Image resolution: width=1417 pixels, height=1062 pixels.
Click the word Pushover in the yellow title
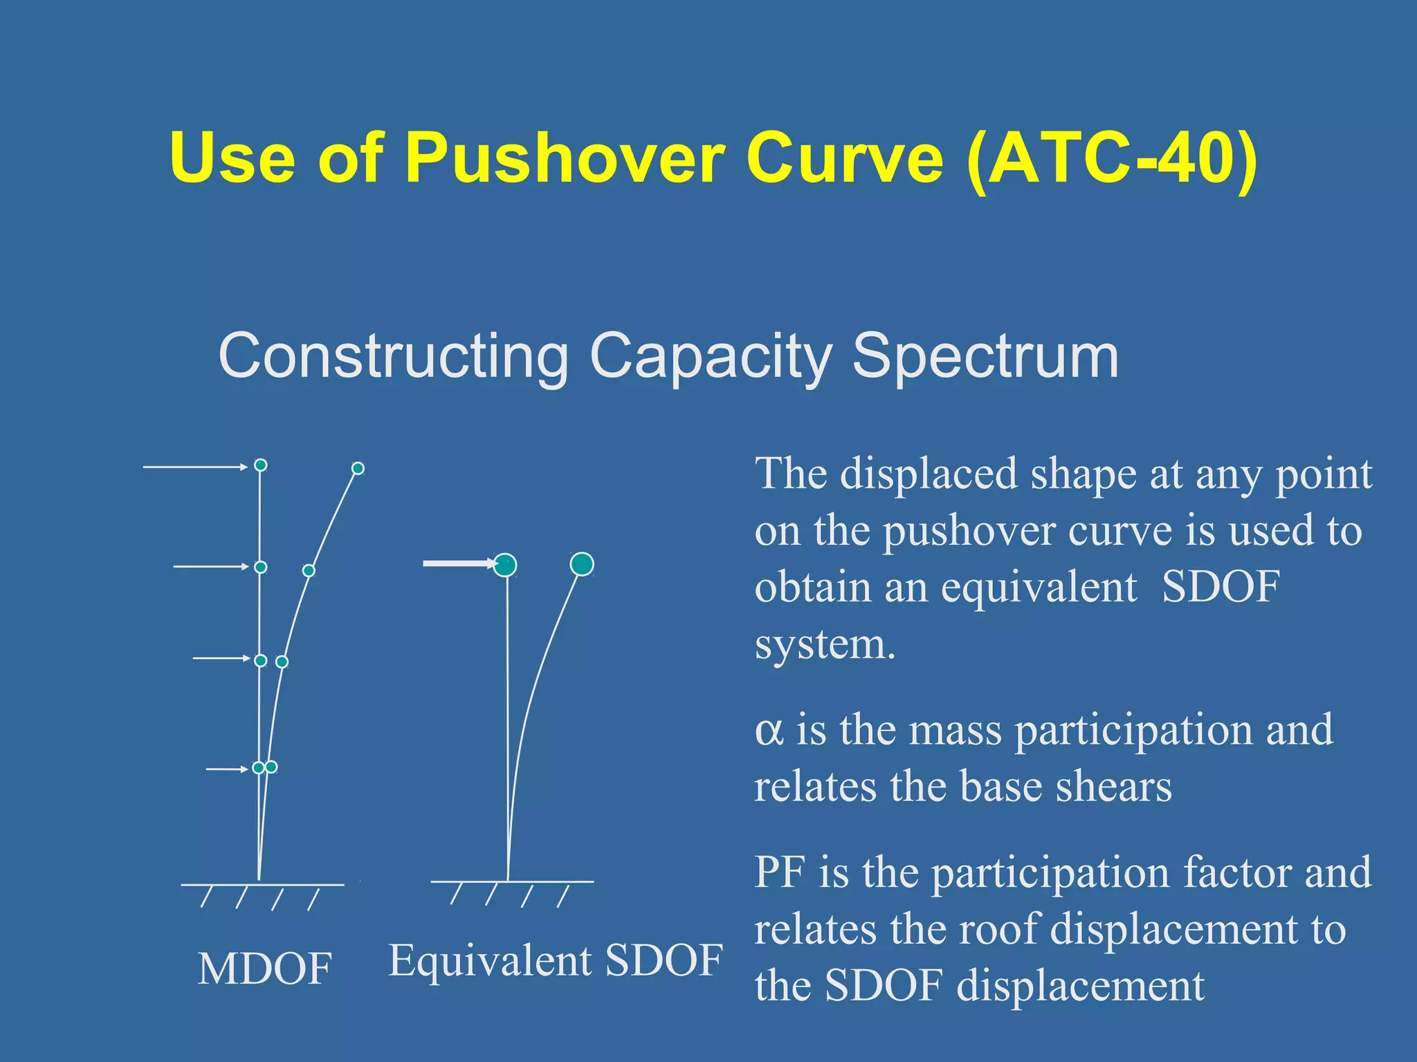563,159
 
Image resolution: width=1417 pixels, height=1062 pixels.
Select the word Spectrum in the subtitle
985,356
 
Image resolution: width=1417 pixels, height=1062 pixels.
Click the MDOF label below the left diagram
264,969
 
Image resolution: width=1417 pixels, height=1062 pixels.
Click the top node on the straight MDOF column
260,465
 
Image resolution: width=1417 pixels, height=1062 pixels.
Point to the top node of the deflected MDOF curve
358,469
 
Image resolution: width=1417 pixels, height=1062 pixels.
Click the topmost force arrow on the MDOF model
194,467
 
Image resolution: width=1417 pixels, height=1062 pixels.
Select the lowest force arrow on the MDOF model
226,769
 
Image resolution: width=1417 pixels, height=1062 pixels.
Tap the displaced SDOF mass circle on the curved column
582,564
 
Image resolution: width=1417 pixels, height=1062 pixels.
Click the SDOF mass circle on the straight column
506,565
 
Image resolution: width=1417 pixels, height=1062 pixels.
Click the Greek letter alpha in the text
769,732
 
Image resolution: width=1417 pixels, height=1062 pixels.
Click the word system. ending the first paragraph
825,644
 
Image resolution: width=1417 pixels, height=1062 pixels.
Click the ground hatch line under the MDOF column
262,885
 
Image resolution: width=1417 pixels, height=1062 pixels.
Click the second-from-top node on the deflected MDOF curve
309,570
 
